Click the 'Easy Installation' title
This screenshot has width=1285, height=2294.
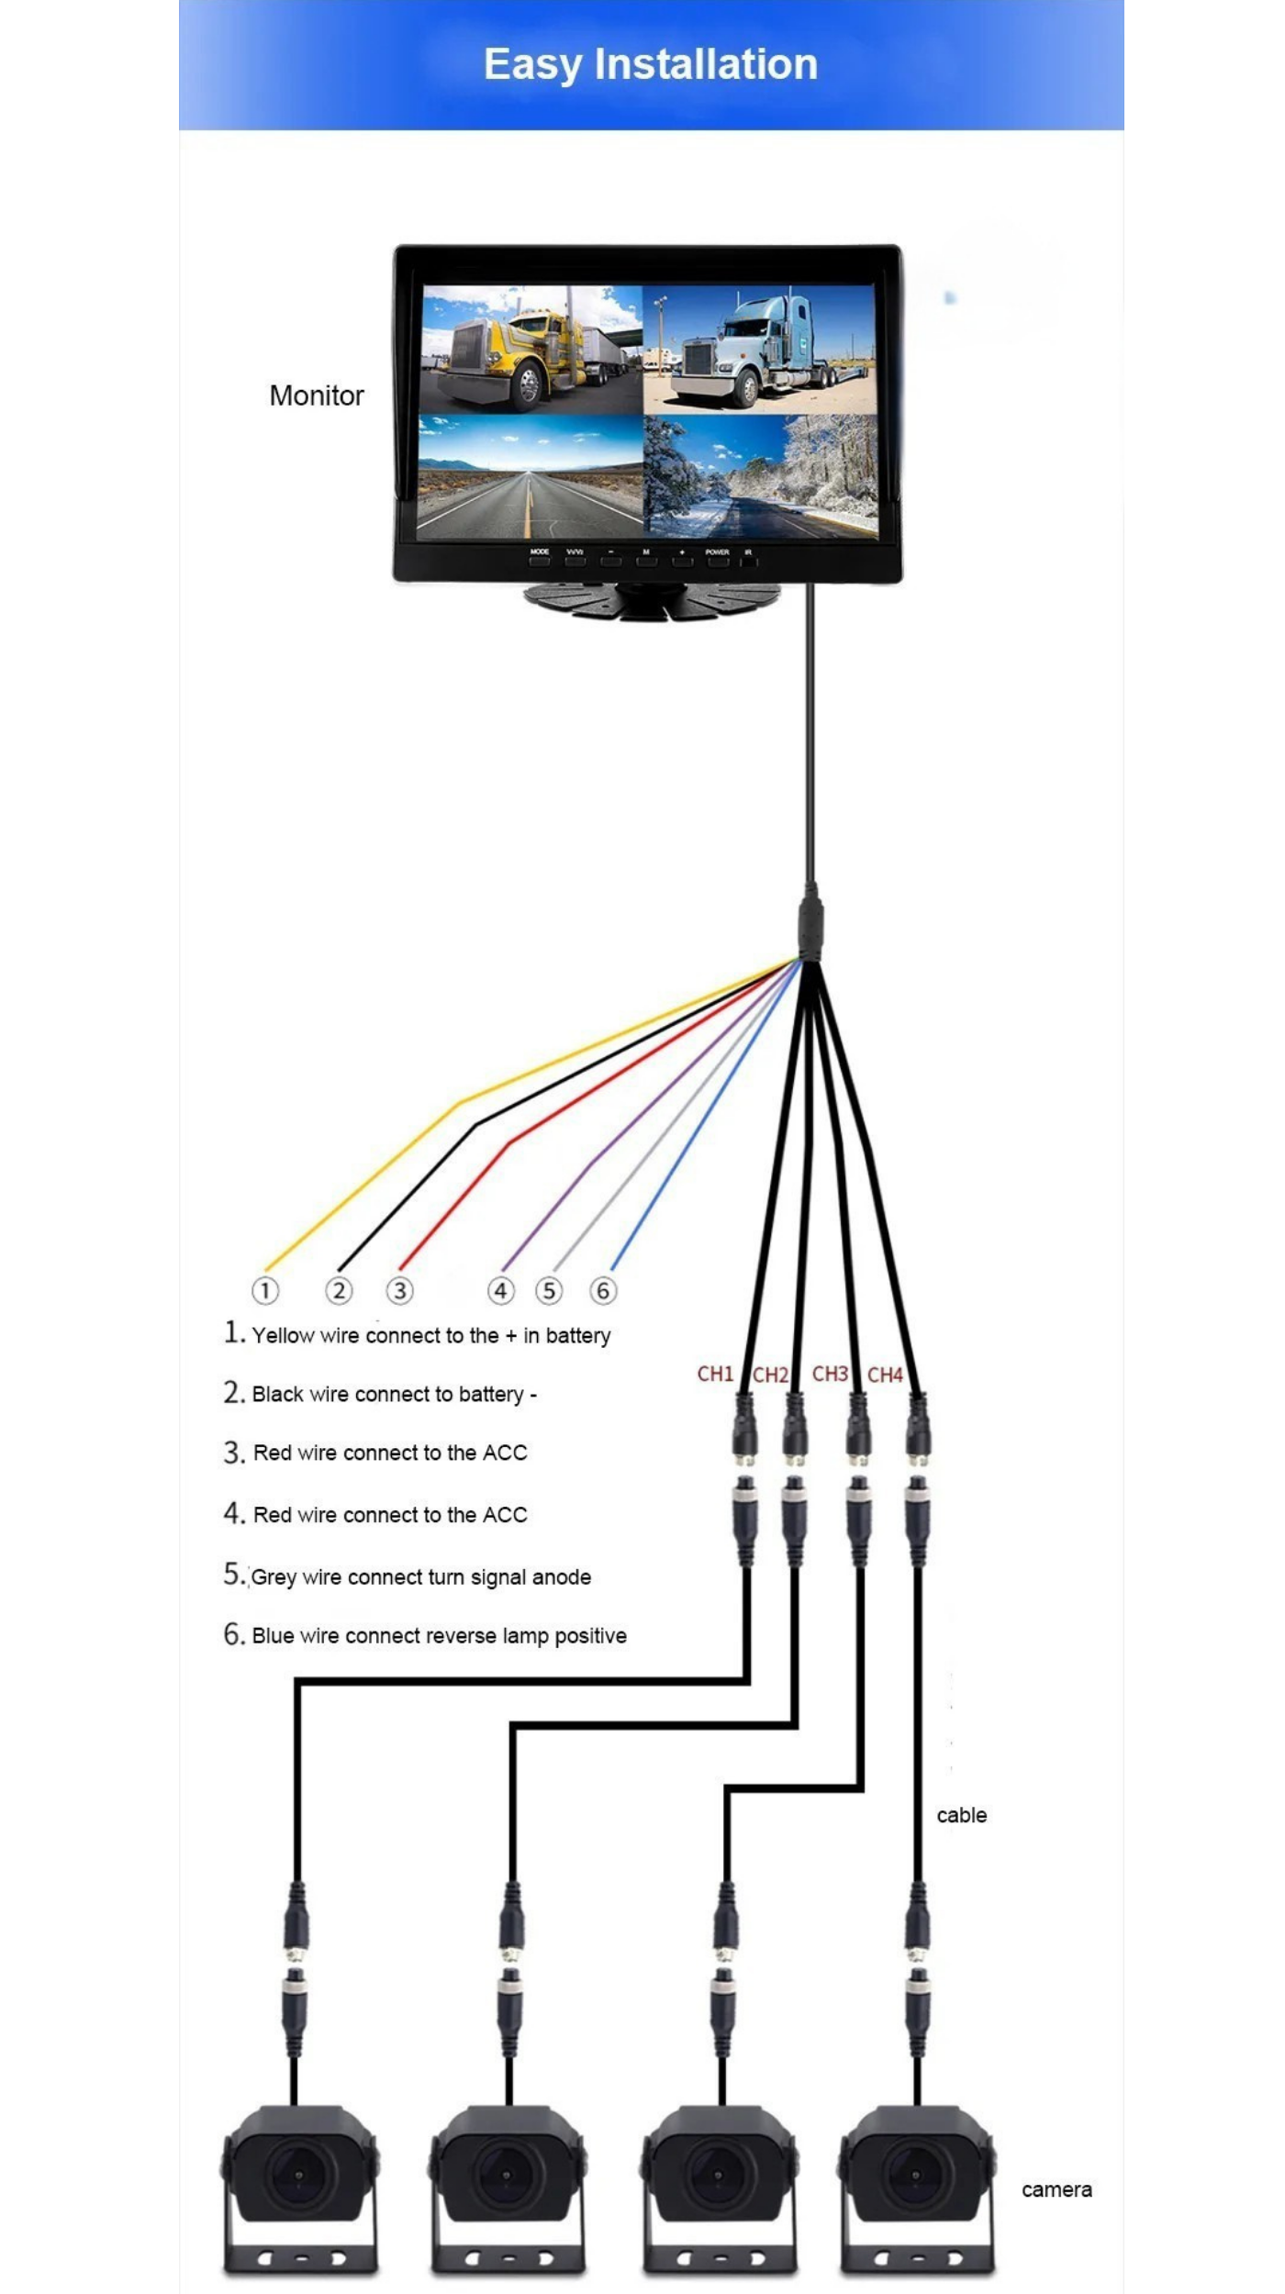tap(650, 64)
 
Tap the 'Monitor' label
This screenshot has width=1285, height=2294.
tap(317, 395)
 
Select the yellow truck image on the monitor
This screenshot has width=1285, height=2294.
tap(531, 349)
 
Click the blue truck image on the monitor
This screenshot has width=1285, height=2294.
tap(760, 349)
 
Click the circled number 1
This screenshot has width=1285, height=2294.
tap(265, 1290)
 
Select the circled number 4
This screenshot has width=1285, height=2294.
tap(500, 1290)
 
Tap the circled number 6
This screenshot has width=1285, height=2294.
tap(603, 1290)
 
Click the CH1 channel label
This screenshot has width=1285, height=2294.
tap(715, 1374)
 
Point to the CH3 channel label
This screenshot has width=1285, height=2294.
tap(830, 1374)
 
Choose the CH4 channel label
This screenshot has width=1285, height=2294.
tap(885, 1375)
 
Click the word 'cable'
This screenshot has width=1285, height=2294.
tap(961, 1815)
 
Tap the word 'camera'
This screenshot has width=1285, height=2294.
tap(1056, 2189)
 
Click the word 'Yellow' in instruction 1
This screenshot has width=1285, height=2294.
tap(283, 1335)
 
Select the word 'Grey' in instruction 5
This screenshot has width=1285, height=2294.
tap(274, 1576)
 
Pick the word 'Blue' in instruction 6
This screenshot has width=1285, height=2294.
tap(273, 1635)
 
